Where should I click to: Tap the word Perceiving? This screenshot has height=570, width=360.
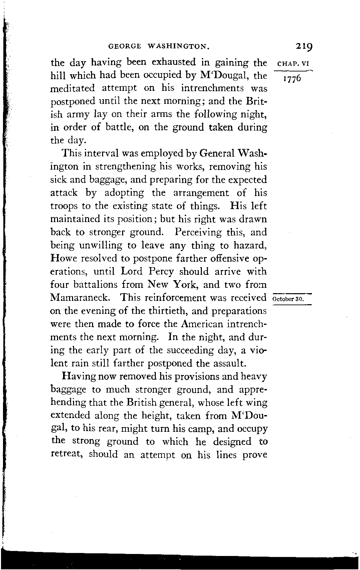pos(198,232)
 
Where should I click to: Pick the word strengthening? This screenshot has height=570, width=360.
pos(126,167)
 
